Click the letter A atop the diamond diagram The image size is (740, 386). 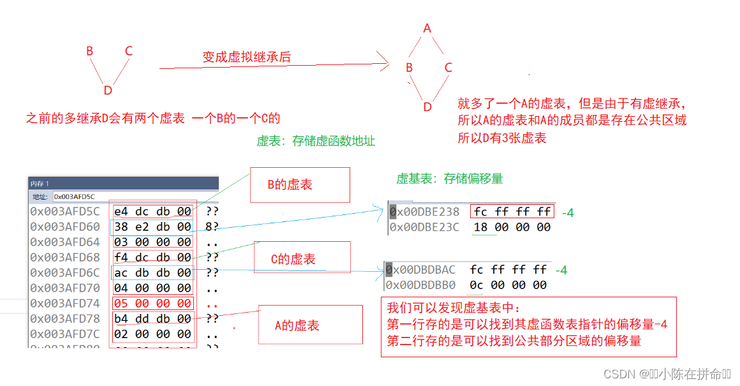tap(427, 28)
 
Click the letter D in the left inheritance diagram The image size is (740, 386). tap(108, 91)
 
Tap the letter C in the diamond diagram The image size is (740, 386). tap(448, 68)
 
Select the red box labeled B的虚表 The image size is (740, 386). tap(299, 185)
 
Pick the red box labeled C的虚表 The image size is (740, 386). tap(302, 259)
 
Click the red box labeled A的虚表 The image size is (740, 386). tap(309, 325)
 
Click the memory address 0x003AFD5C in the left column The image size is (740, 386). tap(65, 211)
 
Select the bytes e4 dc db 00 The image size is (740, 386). tap(152, 211)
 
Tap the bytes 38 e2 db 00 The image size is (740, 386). tap(152, 226)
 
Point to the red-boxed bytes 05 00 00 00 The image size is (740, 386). tap(152, 303)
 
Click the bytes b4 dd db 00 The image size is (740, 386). tap(152, 318)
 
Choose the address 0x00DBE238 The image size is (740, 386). tap(424, 212)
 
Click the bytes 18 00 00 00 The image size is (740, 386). tap(512, 227)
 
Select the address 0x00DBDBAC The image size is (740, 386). tap(421, 270)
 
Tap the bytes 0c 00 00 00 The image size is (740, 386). tap(508, 285)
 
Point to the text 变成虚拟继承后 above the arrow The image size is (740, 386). tap(246, 57)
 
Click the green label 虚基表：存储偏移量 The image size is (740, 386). tap(450, 179)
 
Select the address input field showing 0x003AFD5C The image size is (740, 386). tap(134, 197)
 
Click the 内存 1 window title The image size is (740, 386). tap(40, 184)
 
